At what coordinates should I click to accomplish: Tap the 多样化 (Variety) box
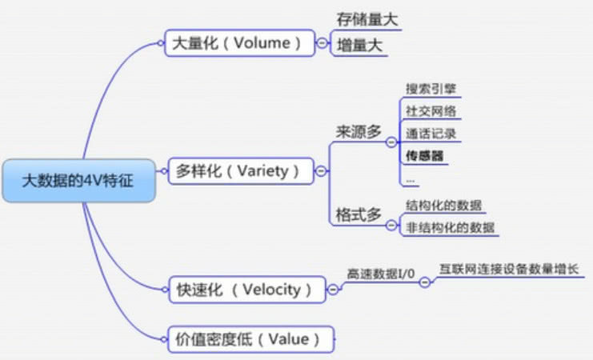240,170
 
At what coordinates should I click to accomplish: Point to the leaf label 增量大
360,46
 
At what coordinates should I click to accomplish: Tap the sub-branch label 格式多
359,215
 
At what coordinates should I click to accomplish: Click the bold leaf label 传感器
424,155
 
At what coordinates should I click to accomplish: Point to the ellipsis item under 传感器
411,178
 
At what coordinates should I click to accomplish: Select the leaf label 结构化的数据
443,205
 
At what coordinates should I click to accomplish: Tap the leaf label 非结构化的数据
449,227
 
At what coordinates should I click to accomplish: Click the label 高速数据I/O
380,274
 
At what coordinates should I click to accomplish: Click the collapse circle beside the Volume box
321,44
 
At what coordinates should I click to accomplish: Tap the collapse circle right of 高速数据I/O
424,282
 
